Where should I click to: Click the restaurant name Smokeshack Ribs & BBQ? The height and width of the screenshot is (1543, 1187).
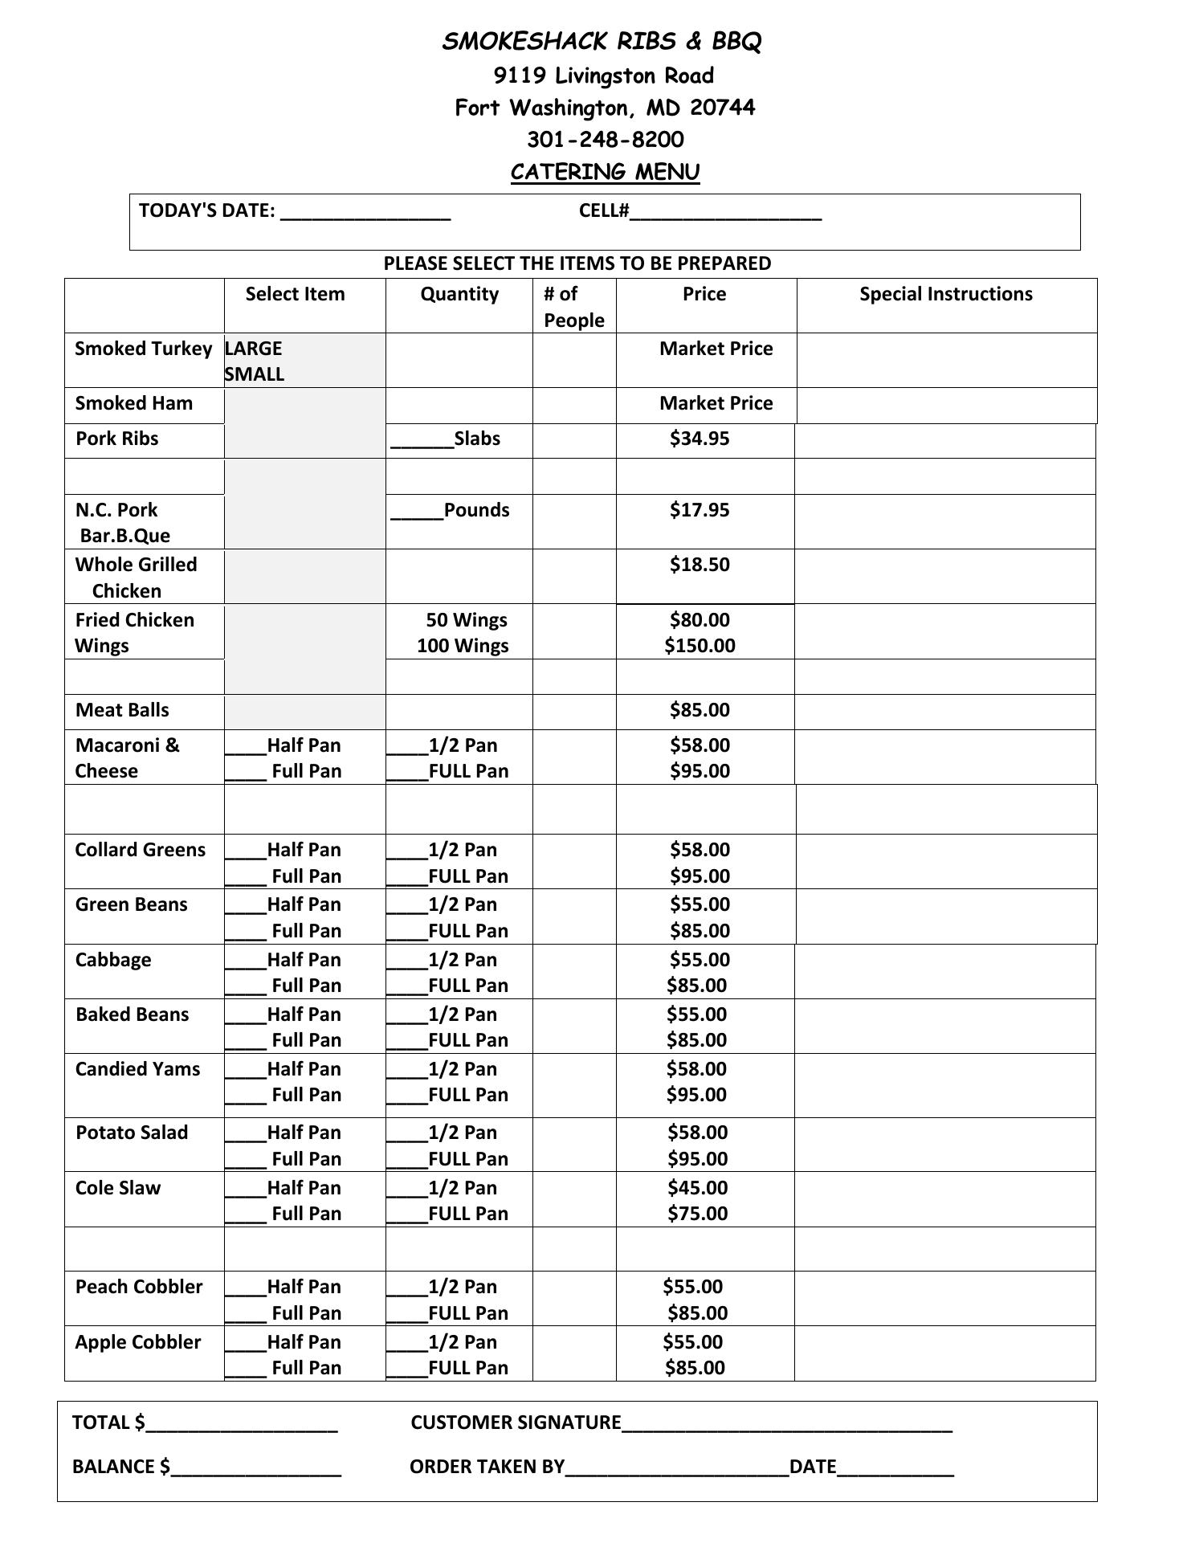(x=601, y=42)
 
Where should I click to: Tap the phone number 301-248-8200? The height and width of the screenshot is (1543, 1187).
(x=606, y=140)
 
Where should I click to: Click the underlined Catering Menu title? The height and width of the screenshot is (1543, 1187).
(x=606, y=172)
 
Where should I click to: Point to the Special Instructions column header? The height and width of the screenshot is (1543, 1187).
(x=946, y=294)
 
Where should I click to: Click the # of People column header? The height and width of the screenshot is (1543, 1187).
(x=573, y=306)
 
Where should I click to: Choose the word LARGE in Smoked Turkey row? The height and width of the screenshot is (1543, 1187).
(x=254, y=349)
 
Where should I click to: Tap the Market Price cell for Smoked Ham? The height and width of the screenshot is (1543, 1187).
(x=716, y=403)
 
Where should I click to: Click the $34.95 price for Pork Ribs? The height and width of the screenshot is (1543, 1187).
(x=700, y=439)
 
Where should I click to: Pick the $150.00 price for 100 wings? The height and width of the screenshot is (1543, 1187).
(x=700, y=646)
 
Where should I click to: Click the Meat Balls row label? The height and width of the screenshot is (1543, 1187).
(x=122, y=710)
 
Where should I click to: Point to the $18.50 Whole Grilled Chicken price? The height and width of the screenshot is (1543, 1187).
(x=700, y=565)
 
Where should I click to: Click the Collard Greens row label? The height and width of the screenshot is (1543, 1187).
(x=141, y=850)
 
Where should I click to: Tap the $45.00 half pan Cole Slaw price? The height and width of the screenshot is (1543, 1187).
(x=697, y=1188)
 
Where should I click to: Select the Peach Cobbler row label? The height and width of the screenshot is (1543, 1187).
(x=139, y=1287)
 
